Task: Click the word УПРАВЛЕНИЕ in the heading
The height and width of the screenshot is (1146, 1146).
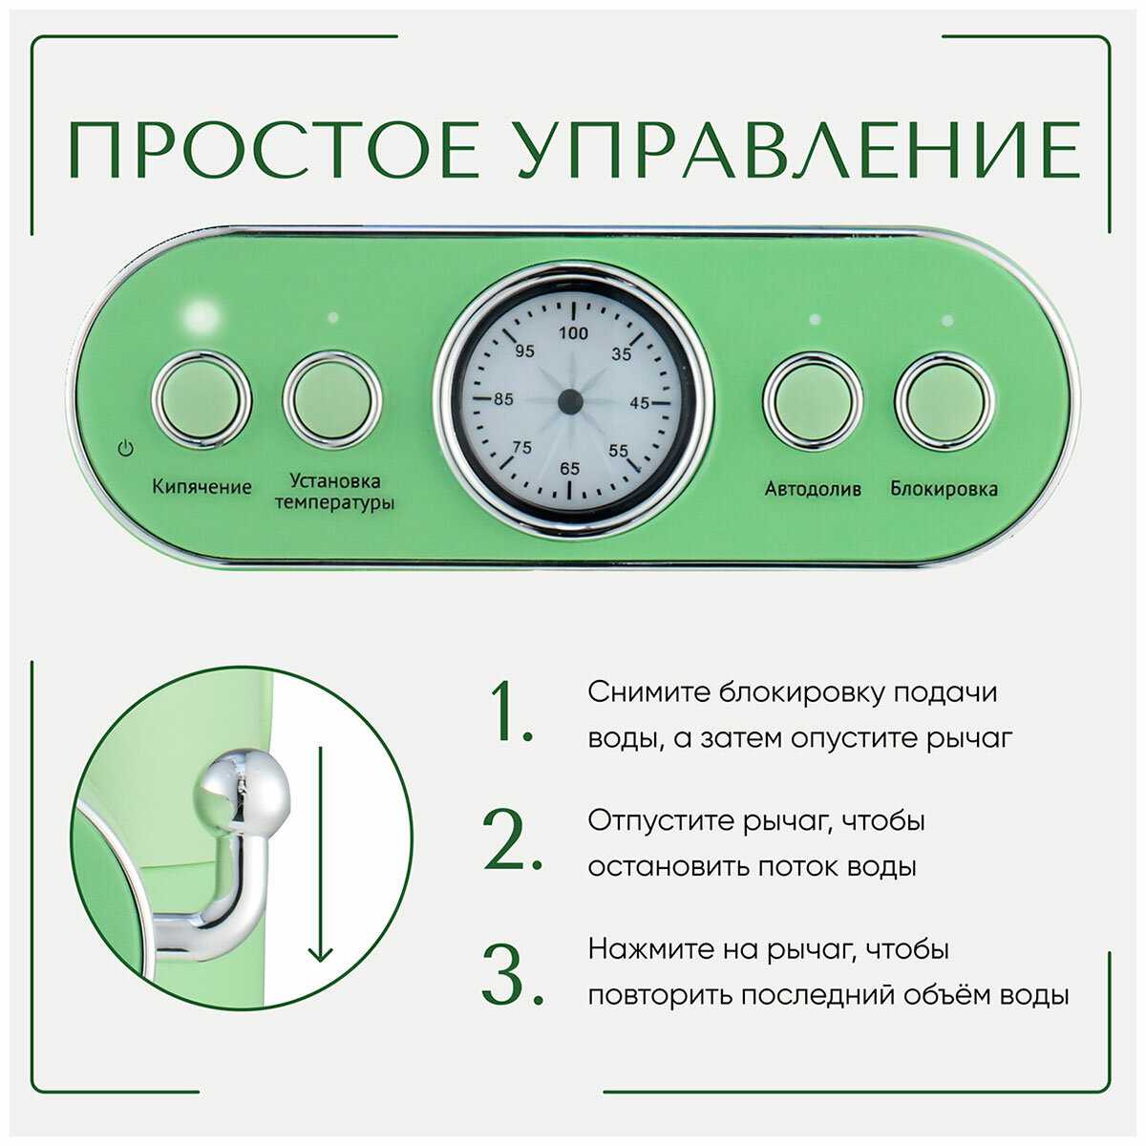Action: click(x=798, y=150)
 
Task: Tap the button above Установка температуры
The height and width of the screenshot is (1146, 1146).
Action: click(x=331, y=400)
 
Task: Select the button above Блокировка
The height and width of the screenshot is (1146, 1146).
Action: click(x=944, y=401)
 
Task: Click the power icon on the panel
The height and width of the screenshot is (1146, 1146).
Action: click(x=125, y=448)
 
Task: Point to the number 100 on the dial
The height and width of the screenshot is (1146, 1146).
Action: click(x=573, y=333)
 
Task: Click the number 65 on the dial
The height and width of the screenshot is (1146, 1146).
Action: click(x=569, y=469)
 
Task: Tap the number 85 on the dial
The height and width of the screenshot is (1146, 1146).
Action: click(x=503, y=399)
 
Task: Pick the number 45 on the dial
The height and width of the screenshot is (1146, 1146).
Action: click(x=639, y=403)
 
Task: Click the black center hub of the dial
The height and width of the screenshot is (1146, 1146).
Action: click(x=570, y=401)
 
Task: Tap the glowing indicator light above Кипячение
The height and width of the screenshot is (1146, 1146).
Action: click(x=201, y=313)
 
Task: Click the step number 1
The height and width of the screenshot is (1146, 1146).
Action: click(x=512, y=712)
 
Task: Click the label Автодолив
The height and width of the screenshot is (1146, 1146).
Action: click(x=813, y=489)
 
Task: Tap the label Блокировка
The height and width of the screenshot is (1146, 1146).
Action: click(x=944, y=488)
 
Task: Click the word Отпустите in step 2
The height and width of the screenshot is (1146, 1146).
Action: click(x=660, y=820)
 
